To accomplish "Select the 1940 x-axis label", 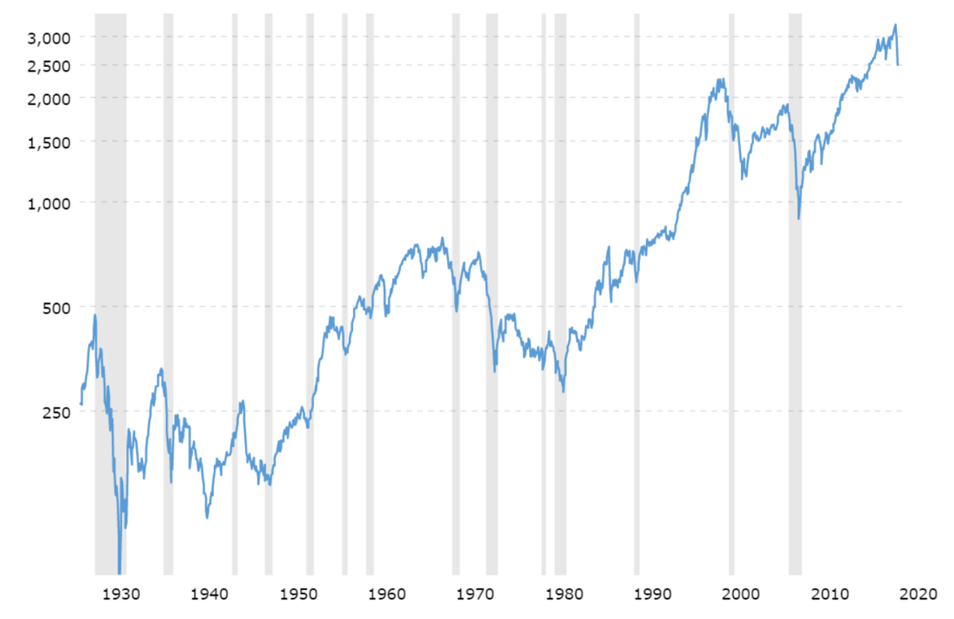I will coord(211,595).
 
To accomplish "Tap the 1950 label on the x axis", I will coord(299,595).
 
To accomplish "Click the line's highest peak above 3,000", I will coord(895,25).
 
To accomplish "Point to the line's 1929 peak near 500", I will coord(95,315).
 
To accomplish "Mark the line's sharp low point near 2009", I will coord(799,218).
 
